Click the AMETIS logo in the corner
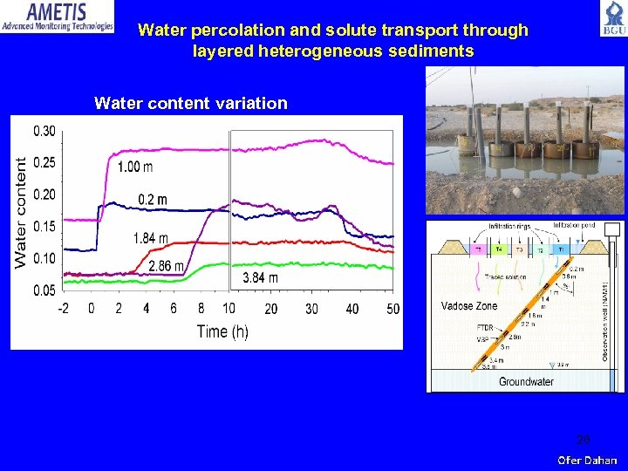click(x=58, y=17)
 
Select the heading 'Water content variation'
click(x=190, y=104)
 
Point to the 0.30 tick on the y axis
click(x=44, y=132)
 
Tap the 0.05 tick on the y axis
click(x=44, y=290)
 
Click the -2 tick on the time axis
click(x=64, y=309)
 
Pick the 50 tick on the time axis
click(x=392, y=309)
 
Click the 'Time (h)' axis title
click(x=222, y=331)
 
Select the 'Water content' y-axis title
click(x=21, y=212)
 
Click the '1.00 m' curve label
click(x=135, y=167)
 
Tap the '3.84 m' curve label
click(x=260, y=278)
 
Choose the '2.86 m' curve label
click(x=166, y=266)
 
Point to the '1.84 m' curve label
click(x=150, y=238)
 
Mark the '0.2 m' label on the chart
click(x=153, y=200)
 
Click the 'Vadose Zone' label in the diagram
click(x=469, y=306)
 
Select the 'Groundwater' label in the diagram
click(x=526, y=381)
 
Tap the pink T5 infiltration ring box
click(x=477, y=249)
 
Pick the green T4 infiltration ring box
click(x=500, y=249)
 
